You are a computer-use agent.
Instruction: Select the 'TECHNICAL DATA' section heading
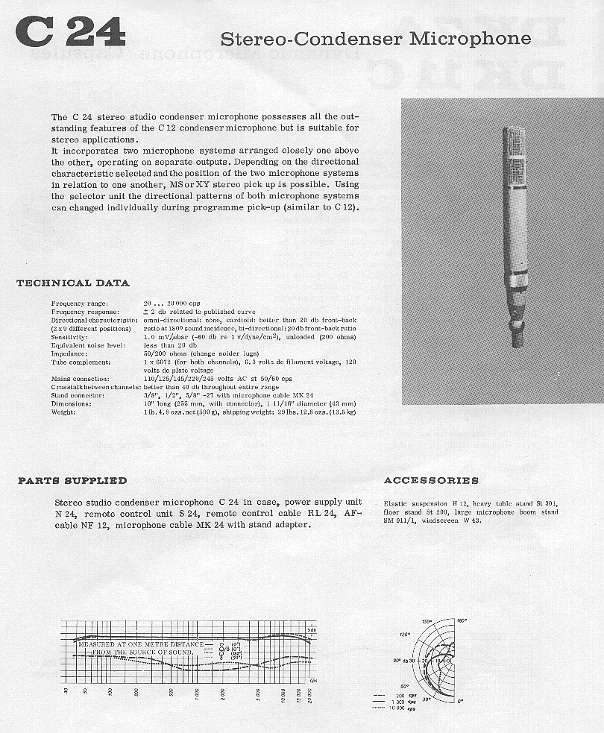click(x=73, y=283)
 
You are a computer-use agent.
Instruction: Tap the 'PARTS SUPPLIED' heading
click(x=72, y=481)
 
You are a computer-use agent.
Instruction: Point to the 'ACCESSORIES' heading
click(x=431, y=481)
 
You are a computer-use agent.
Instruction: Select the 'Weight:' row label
click(x=63, y=412)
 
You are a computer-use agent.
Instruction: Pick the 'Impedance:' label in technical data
click(x=69, y=353)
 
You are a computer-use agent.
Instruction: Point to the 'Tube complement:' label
click(x=80, y=362)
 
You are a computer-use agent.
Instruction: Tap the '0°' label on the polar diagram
click(x=461, y=701)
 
